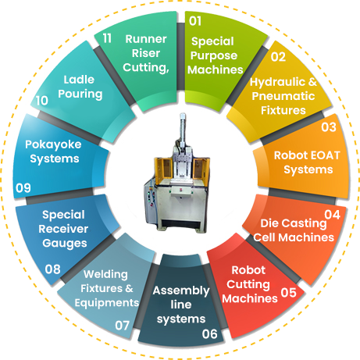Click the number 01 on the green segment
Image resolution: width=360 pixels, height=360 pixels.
coord(195,21)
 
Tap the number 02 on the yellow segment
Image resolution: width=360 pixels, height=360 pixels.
coord(278,57)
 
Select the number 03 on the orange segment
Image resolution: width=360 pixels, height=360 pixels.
coord(329,127)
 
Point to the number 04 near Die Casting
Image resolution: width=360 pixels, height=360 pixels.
coord(333,215)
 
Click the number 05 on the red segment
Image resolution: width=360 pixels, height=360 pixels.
coord(288,293)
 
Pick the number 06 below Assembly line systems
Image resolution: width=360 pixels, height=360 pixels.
coord(209,333)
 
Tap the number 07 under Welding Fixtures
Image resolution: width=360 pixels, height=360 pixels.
coord(122,326)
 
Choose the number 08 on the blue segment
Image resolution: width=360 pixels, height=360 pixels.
coord(52,269)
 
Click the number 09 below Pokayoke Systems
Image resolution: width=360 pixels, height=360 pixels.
coord(23,187)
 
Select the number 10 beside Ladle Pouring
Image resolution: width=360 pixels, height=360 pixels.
coord(42,101)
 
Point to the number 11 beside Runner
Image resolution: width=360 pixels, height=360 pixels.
coord(107,38)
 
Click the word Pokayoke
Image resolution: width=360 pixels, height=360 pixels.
coord(53,144)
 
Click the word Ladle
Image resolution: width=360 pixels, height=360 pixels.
coord(79,80)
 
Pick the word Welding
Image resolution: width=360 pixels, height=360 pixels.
coord(105,275)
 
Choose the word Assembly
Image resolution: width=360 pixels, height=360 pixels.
coord(181,290)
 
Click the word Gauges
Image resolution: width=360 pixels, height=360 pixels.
coord(65,244)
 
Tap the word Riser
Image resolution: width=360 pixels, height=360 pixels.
coord(146,53)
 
